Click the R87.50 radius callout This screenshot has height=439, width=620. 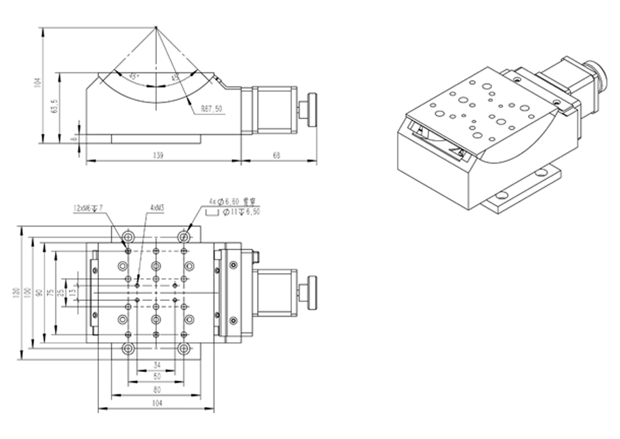[x=211, y=109]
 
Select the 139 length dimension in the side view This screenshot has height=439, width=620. [x=161, y=157]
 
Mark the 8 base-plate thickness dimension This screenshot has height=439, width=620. [x=72, y=137]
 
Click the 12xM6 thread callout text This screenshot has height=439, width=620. [x=88, y=208]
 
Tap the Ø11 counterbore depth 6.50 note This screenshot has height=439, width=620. [x=241, y=211]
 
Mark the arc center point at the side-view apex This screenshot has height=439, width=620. [x=155, y=27]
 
